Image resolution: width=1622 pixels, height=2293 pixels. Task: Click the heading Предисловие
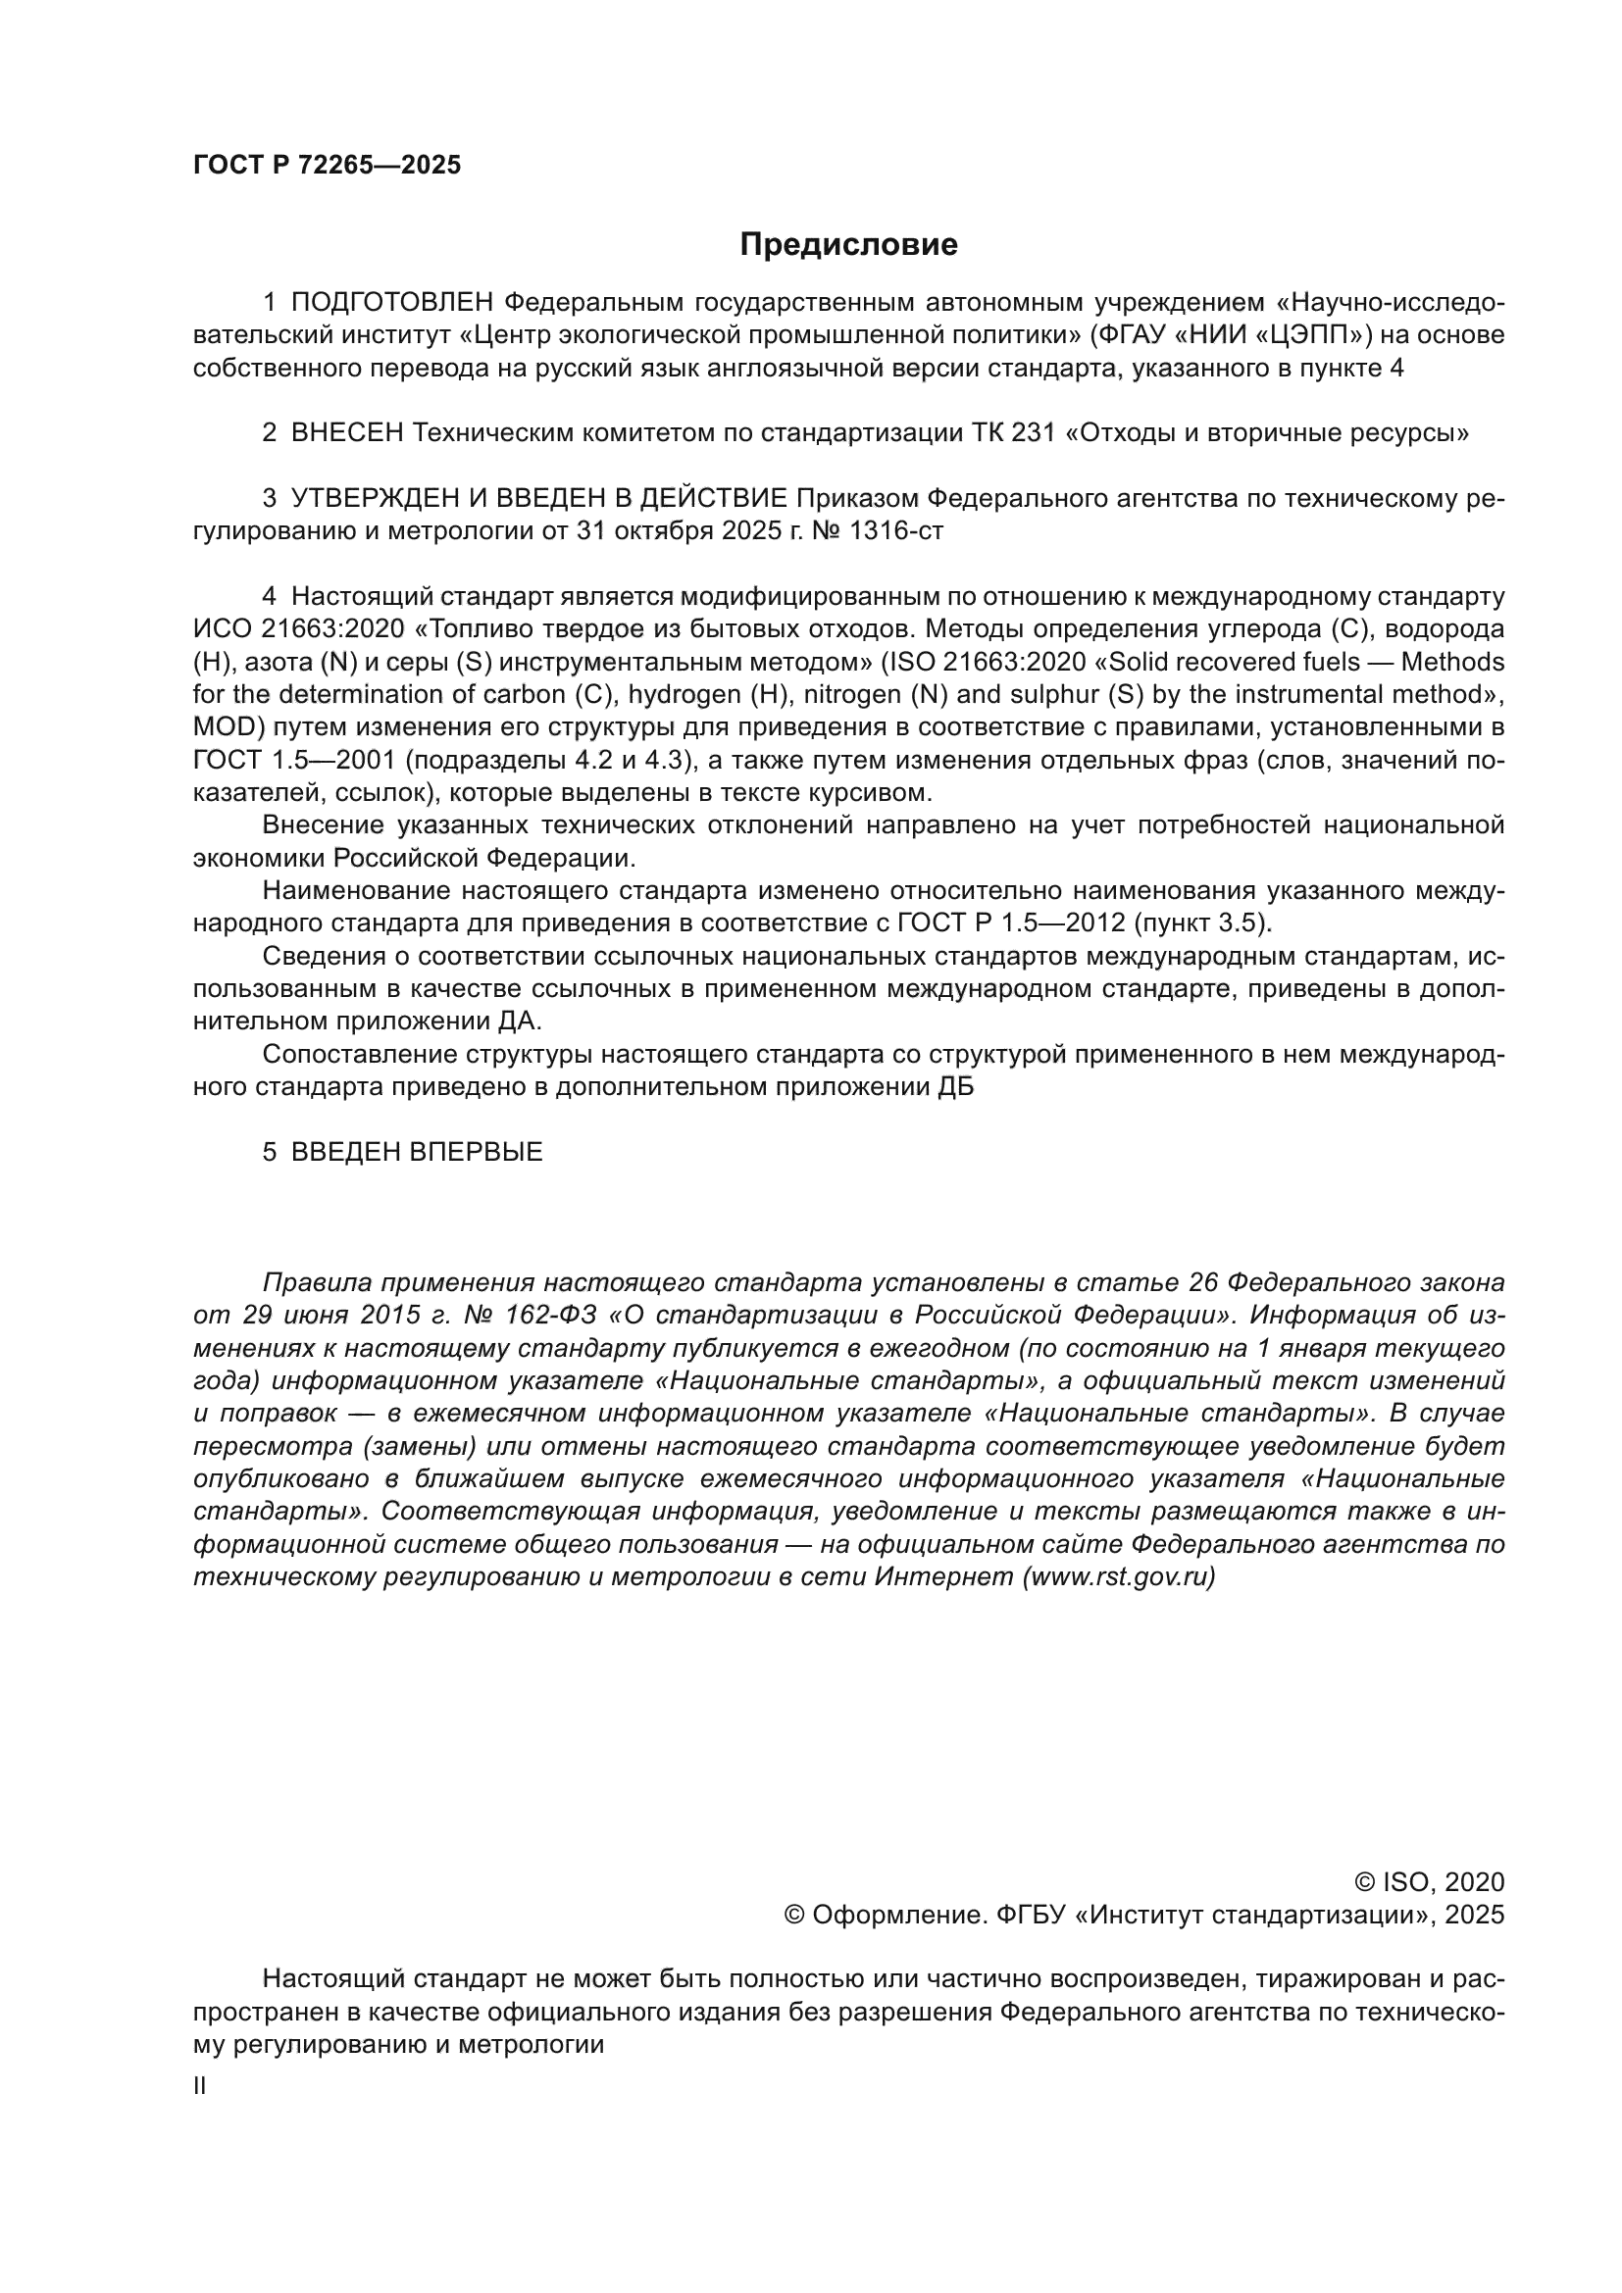click(848, 245)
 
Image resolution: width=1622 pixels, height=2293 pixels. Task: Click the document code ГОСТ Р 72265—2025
click(327, 166)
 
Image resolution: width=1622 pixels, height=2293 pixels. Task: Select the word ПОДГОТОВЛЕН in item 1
click(392, 303)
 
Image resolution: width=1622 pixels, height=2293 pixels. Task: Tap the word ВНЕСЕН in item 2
click(346, 433)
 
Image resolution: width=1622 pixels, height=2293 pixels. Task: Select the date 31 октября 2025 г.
click(679, 531)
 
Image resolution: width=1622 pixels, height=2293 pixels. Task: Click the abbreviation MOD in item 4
click(224, 727)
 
